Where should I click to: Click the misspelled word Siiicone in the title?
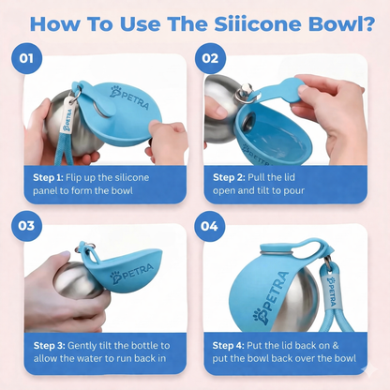click(258, 23)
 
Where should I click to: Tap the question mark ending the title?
click(369, 23)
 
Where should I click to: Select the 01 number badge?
click(26, 58)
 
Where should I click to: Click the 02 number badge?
click(210, 58)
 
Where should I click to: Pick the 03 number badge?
click(26, 226)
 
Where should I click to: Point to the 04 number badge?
click(209, 226)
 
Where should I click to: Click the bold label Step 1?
click(48, 178)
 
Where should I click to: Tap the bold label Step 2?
click(229, 177)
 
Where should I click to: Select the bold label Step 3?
click(49, 346)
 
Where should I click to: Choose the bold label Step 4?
click(228, 346)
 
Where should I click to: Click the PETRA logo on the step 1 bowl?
click(129, 97)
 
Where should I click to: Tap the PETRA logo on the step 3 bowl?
click(131, 273)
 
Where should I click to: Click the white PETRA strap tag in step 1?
click(67, 115)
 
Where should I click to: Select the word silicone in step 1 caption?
click(131, 177)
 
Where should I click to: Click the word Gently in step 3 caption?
click(82, 346)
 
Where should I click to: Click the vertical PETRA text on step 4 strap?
click(331, 292)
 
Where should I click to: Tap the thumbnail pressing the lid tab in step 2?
click(301, 89)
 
